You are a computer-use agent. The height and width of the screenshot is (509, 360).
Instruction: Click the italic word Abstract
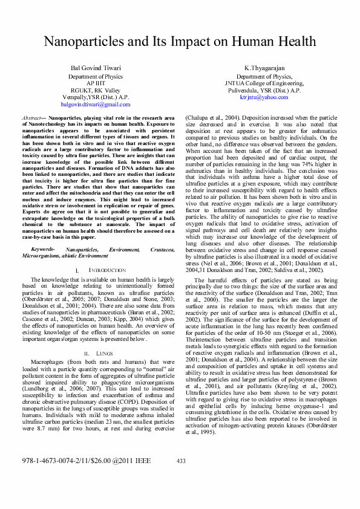coord(31,118)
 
